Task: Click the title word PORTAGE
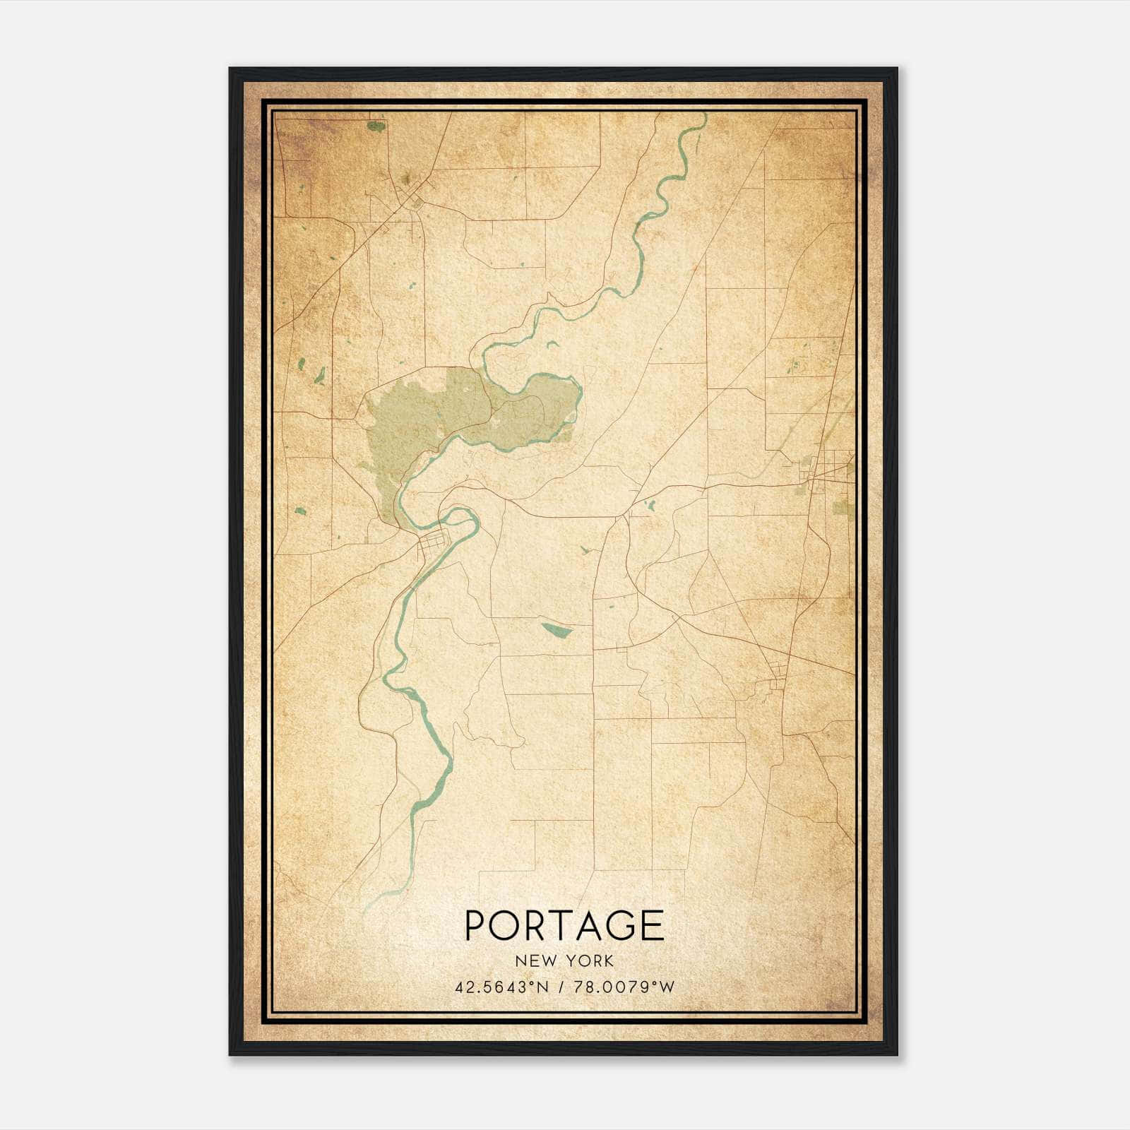click(564, 925)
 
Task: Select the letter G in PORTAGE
click(621, 925)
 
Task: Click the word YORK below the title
click(590, 961)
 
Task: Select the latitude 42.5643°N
click(501, 987)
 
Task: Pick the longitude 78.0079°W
click(624, 987)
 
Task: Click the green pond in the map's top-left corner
click(376, 126)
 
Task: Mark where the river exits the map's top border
click(703, 117)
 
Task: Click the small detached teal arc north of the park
click(552, 344)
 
